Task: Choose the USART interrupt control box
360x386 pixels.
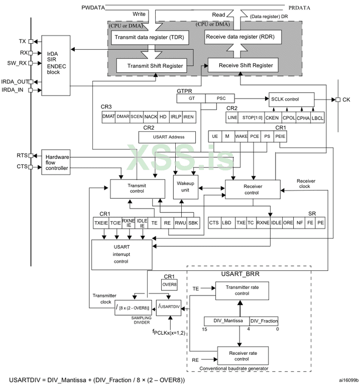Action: [122, 254]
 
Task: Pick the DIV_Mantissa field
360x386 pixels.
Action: [226, 321]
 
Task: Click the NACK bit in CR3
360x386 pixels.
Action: [151, 117]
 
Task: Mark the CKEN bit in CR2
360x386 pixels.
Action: [272, 118]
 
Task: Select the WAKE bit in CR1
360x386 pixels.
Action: [241, 136]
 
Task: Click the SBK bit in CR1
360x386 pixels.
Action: [193, 222]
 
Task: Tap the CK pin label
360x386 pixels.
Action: [346, 99]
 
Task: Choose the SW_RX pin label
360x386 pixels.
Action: [20, 63]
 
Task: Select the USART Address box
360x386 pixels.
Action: [168, 136]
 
